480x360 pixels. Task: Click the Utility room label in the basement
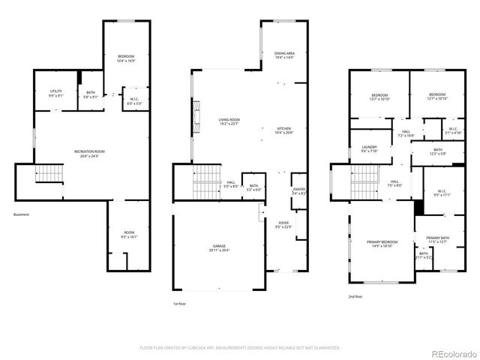pos(56,93)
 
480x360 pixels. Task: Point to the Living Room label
pos(229,121)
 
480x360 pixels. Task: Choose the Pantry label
pos(298,190)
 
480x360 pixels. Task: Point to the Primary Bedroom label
pos(382,243)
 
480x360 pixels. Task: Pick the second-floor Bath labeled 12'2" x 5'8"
pos(438,151)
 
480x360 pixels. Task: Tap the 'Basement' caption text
pos(22,215)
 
